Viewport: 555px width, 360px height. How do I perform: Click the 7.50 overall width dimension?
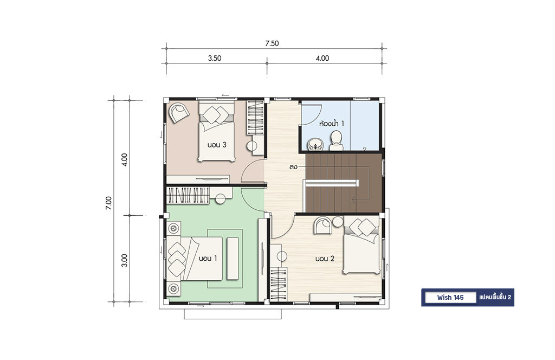(x=272, y=43)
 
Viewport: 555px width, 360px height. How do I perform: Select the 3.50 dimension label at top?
(x=215, y=59)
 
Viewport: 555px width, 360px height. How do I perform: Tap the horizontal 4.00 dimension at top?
(x=322, y=59)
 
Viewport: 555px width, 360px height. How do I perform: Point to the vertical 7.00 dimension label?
(x=108, y=203)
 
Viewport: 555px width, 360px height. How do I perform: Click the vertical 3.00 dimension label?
(x=124, y=260)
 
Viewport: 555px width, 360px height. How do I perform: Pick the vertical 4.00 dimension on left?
(x=124, y=159)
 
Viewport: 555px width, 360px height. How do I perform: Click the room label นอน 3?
(x=217, y=145)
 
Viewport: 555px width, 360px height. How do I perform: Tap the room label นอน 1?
(x=208, y=259)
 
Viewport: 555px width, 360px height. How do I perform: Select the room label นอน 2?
(x=325, y=259)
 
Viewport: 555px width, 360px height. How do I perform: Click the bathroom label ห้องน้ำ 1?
(x=331, y=124)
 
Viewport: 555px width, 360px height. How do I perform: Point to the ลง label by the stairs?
(x=293, y=166)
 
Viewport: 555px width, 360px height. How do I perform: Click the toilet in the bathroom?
(x=336, y=140)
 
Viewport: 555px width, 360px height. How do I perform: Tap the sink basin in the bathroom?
(x=314, y=144)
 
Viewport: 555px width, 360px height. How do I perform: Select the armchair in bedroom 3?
(x=179, y=112)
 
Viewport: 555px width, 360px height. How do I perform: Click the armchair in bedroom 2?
(x=323, y=225)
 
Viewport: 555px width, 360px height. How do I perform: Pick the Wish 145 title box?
(x=450, y=297)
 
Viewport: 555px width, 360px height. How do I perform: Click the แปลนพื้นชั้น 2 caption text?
(x=495, y=297)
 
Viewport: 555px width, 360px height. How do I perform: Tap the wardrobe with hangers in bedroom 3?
(x=255, y=118)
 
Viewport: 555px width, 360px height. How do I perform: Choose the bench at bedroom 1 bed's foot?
(x=233, y=259)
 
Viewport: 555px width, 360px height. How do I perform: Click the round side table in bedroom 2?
(x=337, y=222)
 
